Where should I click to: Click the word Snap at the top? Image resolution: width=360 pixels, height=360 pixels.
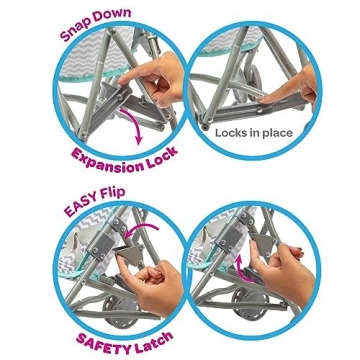tap(79, 31)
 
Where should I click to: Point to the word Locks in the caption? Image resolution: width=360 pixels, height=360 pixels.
tap(238, 143)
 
